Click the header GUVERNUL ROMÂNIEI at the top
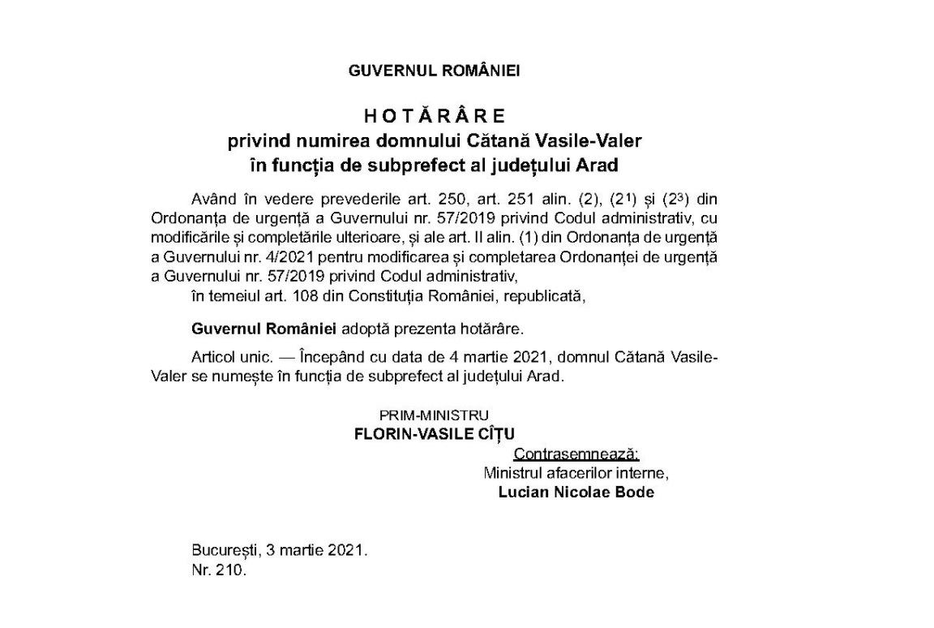(434, 71)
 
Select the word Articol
(213, 358)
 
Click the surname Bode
(636, 492)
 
